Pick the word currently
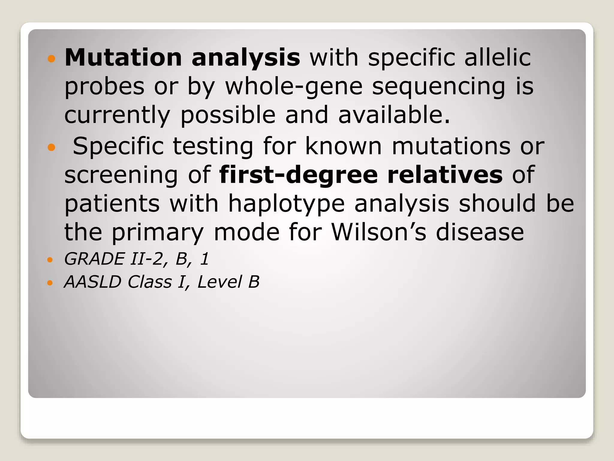(117, 116)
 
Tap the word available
(394, 115)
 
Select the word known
(344, 146)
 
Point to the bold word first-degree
(298, 175)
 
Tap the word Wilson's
(378, 233)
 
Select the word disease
(480, 233)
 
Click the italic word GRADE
(94, 259)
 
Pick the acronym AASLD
(93, 282)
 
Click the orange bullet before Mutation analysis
(52, 59)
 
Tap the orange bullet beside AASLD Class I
(50, 283)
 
